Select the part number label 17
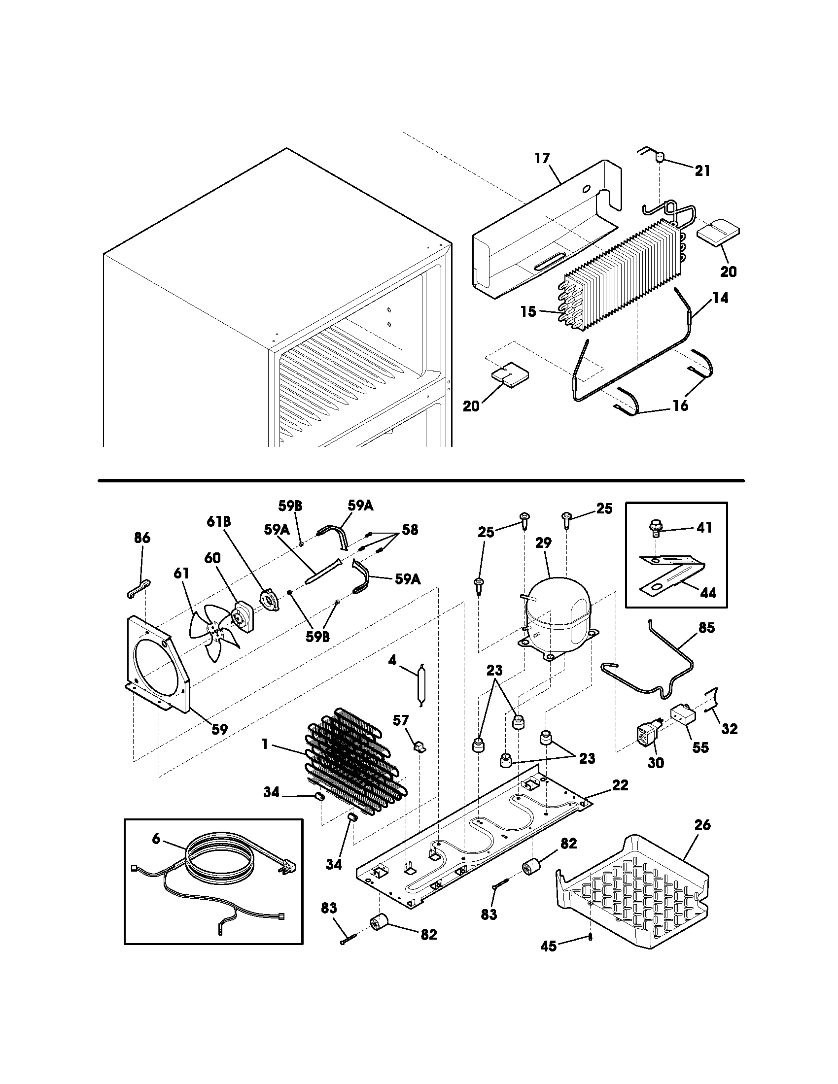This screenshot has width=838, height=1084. (542, 158)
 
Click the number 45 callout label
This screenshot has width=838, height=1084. (548, 947)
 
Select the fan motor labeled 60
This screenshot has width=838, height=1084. (243, 615)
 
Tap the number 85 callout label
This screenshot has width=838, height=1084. (706, 628)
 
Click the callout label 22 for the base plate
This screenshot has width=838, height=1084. (620, 785)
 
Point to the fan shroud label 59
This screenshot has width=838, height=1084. (219, 729)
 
